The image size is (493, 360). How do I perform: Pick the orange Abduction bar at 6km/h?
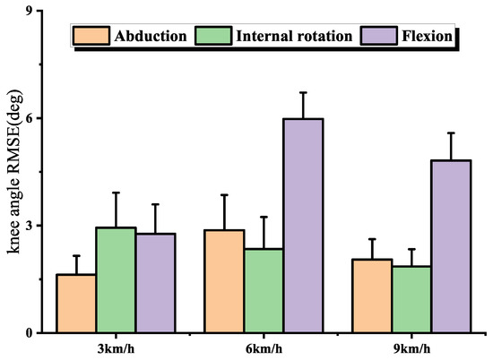click(224, 281)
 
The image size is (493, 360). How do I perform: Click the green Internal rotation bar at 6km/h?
click(264, 290)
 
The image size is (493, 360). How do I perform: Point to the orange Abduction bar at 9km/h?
click(371, 296)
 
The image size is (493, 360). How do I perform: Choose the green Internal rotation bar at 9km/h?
click(411, 299)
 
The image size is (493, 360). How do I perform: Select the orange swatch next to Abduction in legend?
click(91, 36)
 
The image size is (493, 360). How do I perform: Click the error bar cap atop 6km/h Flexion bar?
click(303, 92)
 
